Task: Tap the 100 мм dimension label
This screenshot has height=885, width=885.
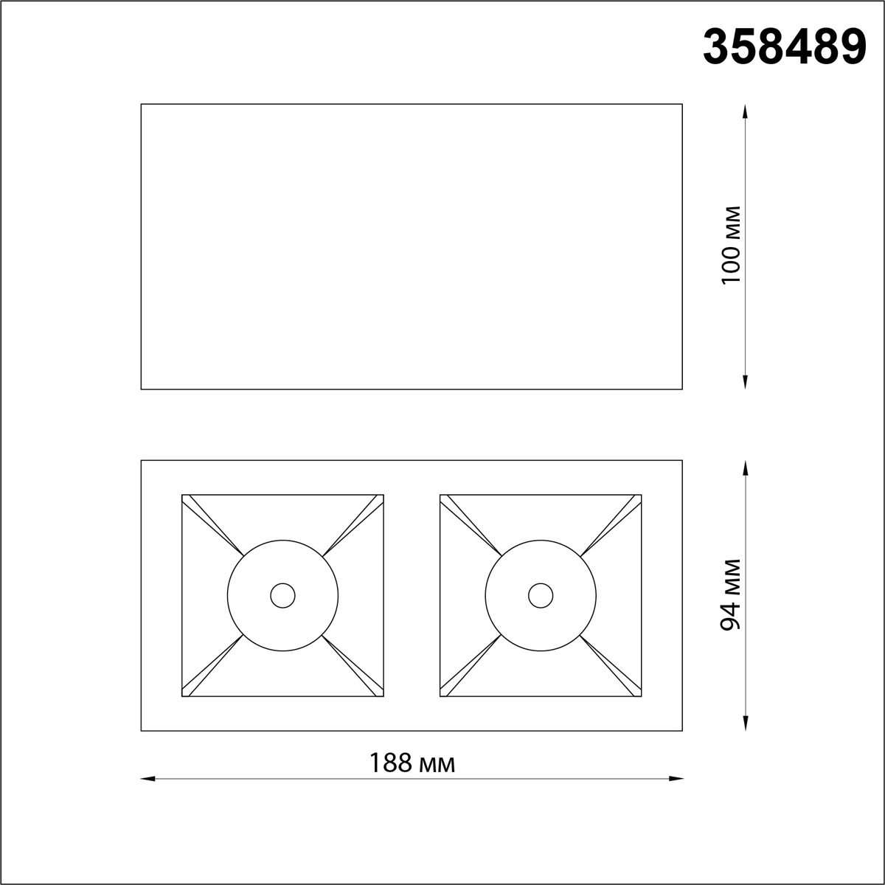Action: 731,246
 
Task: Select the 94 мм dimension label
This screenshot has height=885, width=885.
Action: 731,594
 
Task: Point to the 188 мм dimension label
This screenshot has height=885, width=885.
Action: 412,763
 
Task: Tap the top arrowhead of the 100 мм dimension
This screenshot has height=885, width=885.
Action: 746,111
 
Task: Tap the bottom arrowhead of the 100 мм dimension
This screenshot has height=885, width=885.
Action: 746,382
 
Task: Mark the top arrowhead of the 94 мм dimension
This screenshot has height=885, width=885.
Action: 746,468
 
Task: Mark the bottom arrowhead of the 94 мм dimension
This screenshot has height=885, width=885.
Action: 746,724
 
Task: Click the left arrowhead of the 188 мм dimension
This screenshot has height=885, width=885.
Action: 147,778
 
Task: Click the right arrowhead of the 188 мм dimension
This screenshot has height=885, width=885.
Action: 677,778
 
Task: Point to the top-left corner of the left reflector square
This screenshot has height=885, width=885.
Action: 182,495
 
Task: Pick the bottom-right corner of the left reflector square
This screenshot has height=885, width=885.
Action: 383,696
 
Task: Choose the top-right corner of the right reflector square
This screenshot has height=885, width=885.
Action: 641,495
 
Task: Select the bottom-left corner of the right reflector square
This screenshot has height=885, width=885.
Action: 440,696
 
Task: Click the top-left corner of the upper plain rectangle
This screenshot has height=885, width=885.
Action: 141,104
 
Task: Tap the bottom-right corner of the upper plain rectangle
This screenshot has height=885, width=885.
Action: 682,389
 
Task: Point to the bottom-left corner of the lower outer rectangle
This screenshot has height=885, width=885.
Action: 141,731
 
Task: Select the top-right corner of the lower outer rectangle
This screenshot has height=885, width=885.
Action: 682,461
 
